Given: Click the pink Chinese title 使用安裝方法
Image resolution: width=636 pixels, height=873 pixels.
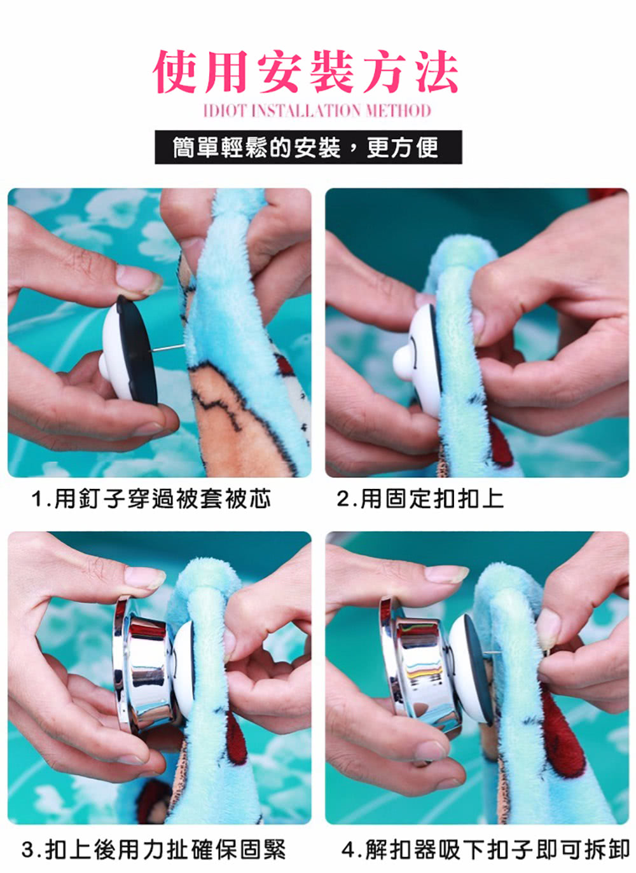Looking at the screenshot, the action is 305,72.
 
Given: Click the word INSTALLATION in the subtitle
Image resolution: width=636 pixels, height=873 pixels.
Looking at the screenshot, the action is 306,111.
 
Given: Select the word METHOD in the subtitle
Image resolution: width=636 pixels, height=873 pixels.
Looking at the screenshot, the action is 397,111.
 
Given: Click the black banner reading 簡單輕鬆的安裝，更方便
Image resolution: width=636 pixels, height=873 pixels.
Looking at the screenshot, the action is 308,148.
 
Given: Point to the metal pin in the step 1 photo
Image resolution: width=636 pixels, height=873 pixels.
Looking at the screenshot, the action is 169,348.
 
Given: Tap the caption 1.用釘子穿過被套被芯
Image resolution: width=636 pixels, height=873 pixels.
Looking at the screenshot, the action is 151,499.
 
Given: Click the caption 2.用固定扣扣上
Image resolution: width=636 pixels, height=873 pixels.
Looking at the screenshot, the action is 420,499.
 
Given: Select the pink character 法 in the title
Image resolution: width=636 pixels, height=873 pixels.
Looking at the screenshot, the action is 435,72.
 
